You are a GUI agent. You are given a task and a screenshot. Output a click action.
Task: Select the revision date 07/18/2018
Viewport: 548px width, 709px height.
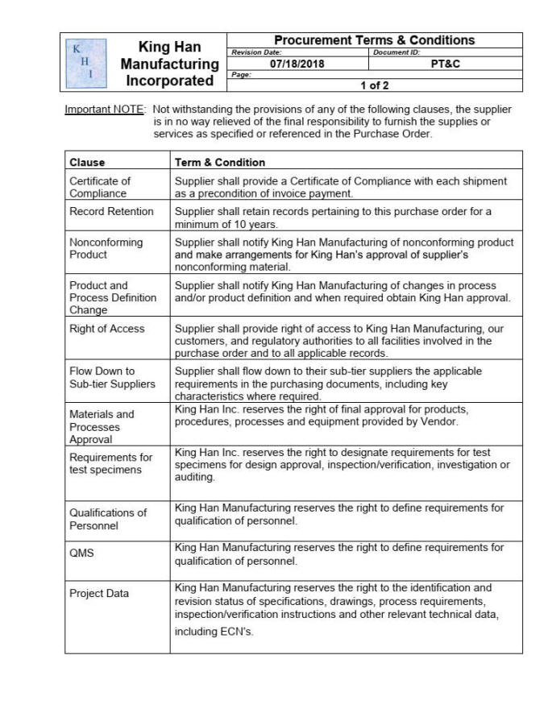[297, 64]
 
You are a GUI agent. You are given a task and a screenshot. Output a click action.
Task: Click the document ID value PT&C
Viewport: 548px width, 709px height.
[445, 64]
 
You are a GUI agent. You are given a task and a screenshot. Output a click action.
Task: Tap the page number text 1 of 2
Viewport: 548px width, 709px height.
[374, 84]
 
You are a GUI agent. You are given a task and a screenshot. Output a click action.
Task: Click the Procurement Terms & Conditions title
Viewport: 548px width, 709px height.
[375, 40]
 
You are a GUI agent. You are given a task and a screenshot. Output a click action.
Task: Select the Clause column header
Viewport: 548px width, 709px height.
[87, 162]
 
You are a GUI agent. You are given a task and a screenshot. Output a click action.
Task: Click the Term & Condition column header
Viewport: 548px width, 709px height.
[220, 162]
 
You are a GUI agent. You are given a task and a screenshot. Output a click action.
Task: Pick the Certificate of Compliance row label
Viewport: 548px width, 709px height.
[99, 187]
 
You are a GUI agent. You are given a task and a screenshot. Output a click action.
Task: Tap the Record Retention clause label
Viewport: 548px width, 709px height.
[111, 211]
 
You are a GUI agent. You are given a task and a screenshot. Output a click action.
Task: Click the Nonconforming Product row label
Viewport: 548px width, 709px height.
[106, 247]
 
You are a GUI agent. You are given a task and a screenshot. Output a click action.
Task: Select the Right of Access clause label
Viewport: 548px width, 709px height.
[107, 329]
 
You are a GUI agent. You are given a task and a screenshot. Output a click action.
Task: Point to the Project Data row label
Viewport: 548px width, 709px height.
[98, 594]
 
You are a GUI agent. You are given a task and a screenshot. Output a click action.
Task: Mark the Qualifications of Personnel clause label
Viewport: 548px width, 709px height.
[108, 519]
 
